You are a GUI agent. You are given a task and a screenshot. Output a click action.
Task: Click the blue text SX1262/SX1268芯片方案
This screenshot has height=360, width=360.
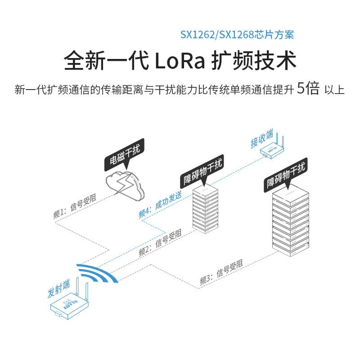point(237,35)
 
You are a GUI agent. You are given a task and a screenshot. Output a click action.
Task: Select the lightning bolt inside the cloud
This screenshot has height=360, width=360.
point(125,183)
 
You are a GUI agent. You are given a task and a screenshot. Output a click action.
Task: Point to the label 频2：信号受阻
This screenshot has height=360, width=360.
point(160,243)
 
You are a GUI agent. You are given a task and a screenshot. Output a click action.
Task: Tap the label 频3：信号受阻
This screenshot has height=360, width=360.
point(221,273)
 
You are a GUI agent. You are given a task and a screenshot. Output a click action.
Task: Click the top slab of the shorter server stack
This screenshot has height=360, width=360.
point(205,191)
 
